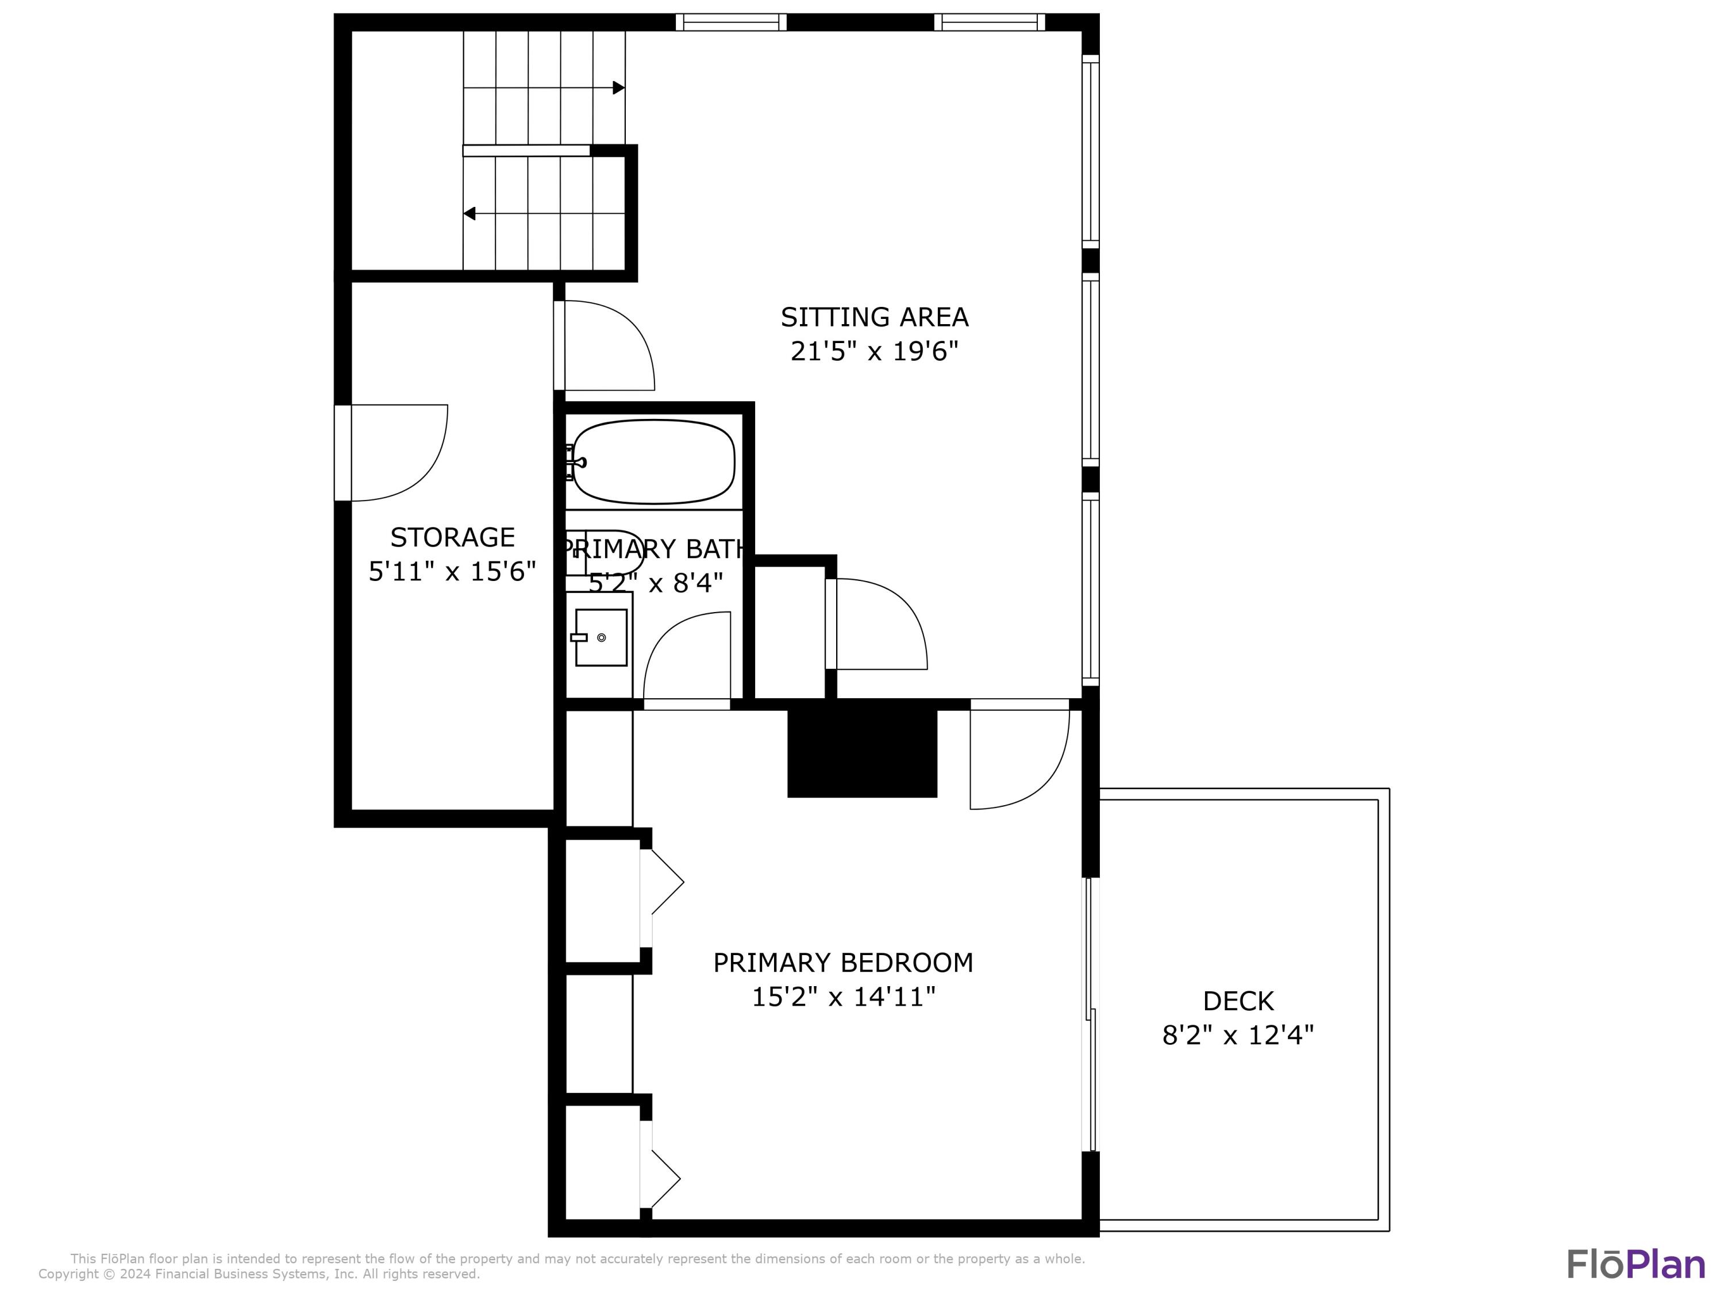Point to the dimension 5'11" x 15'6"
point(452,571)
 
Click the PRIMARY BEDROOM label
point(842,963)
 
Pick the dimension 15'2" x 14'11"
point(842,997)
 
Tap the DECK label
point(1238,1000)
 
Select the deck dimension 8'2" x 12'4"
point(1238,1035)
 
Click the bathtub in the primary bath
point(653,461)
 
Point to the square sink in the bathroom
point(601,637)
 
